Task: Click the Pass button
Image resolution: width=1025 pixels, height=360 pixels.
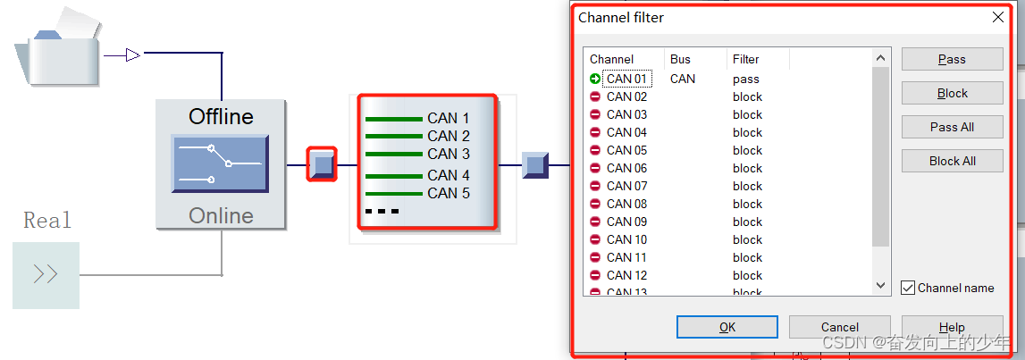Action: [x=952, y=59]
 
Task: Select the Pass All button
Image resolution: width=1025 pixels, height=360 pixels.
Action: [x=952, y=127]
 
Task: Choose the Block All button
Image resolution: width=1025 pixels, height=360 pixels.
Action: [x=952, y=161]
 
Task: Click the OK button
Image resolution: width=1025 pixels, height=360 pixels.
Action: [x=727, y=327]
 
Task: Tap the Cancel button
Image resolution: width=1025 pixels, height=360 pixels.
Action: [x=839, y=327]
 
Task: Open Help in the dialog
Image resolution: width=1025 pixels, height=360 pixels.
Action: [x=952, y=327]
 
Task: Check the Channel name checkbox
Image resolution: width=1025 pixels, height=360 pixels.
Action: [x=908, y=288]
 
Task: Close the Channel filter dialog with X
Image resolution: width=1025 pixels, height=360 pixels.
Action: [x=998, y=17]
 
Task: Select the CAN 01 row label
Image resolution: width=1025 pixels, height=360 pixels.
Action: [x=626, y=79]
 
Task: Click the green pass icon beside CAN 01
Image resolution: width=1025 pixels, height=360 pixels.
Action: [x=595, y=79]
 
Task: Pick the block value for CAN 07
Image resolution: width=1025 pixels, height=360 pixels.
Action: [x=747, y=186]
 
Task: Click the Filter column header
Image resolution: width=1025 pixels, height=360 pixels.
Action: [x=746, y=59]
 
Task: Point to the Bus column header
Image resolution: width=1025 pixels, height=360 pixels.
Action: [x=680, y=59]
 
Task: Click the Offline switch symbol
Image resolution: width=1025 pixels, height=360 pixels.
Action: [x=220, y=164]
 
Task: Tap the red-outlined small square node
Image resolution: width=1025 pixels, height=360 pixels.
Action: [x=322, y=164]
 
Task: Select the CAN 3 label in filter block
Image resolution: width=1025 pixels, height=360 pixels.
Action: [x=448, y=154]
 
